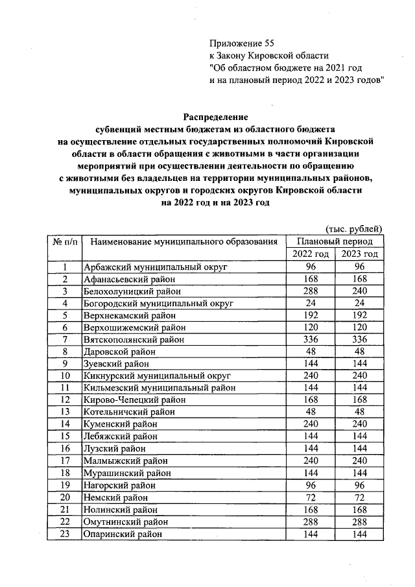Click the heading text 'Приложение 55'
(238, 43)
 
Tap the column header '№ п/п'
(65, 242)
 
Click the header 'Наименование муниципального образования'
(184, 242)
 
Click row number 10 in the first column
(65, 376)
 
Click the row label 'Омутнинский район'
(127, 521)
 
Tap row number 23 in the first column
(65, 534)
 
